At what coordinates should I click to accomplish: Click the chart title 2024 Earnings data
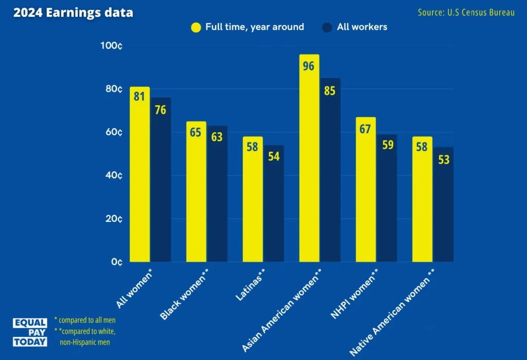click(x=73, y=13)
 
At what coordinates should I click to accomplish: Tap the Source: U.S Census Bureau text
click(x=466, y=12)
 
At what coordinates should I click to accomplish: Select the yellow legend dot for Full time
click(x=196, y=27)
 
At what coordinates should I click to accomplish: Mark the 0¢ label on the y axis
click(x=117, y=262)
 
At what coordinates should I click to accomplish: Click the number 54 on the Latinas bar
click(x=274, y=157)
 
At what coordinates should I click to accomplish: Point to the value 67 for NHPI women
click(x=365, y=129)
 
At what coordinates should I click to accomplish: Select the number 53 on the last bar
click(x=443, y=160)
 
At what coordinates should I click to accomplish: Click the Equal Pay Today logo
click(x=30, y=332)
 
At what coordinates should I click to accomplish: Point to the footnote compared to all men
click(x=85, y=320)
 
